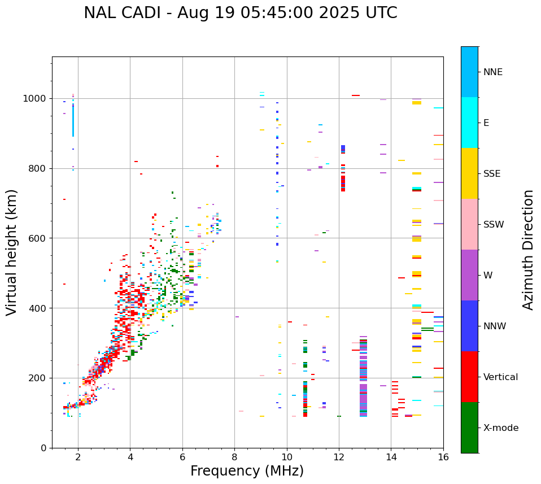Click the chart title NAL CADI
(240, 13)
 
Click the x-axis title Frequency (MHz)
(247, 471)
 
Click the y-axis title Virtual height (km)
(12, 252)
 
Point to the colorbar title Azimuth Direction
(528, 250)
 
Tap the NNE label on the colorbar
(493, 72)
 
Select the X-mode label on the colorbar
(501, 428)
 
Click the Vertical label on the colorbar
(501, 377)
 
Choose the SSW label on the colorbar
(494, 225)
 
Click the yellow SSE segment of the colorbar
(469, 173)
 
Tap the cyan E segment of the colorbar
(469, 123)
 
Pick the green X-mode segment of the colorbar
(469, 428)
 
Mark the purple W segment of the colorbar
(469, 275)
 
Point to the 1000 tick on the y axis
(35, 99)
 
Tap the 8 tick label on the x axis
(234, 457)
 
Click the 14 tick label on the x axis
(391, 457)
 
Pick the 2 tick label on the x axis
(78, 457)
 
